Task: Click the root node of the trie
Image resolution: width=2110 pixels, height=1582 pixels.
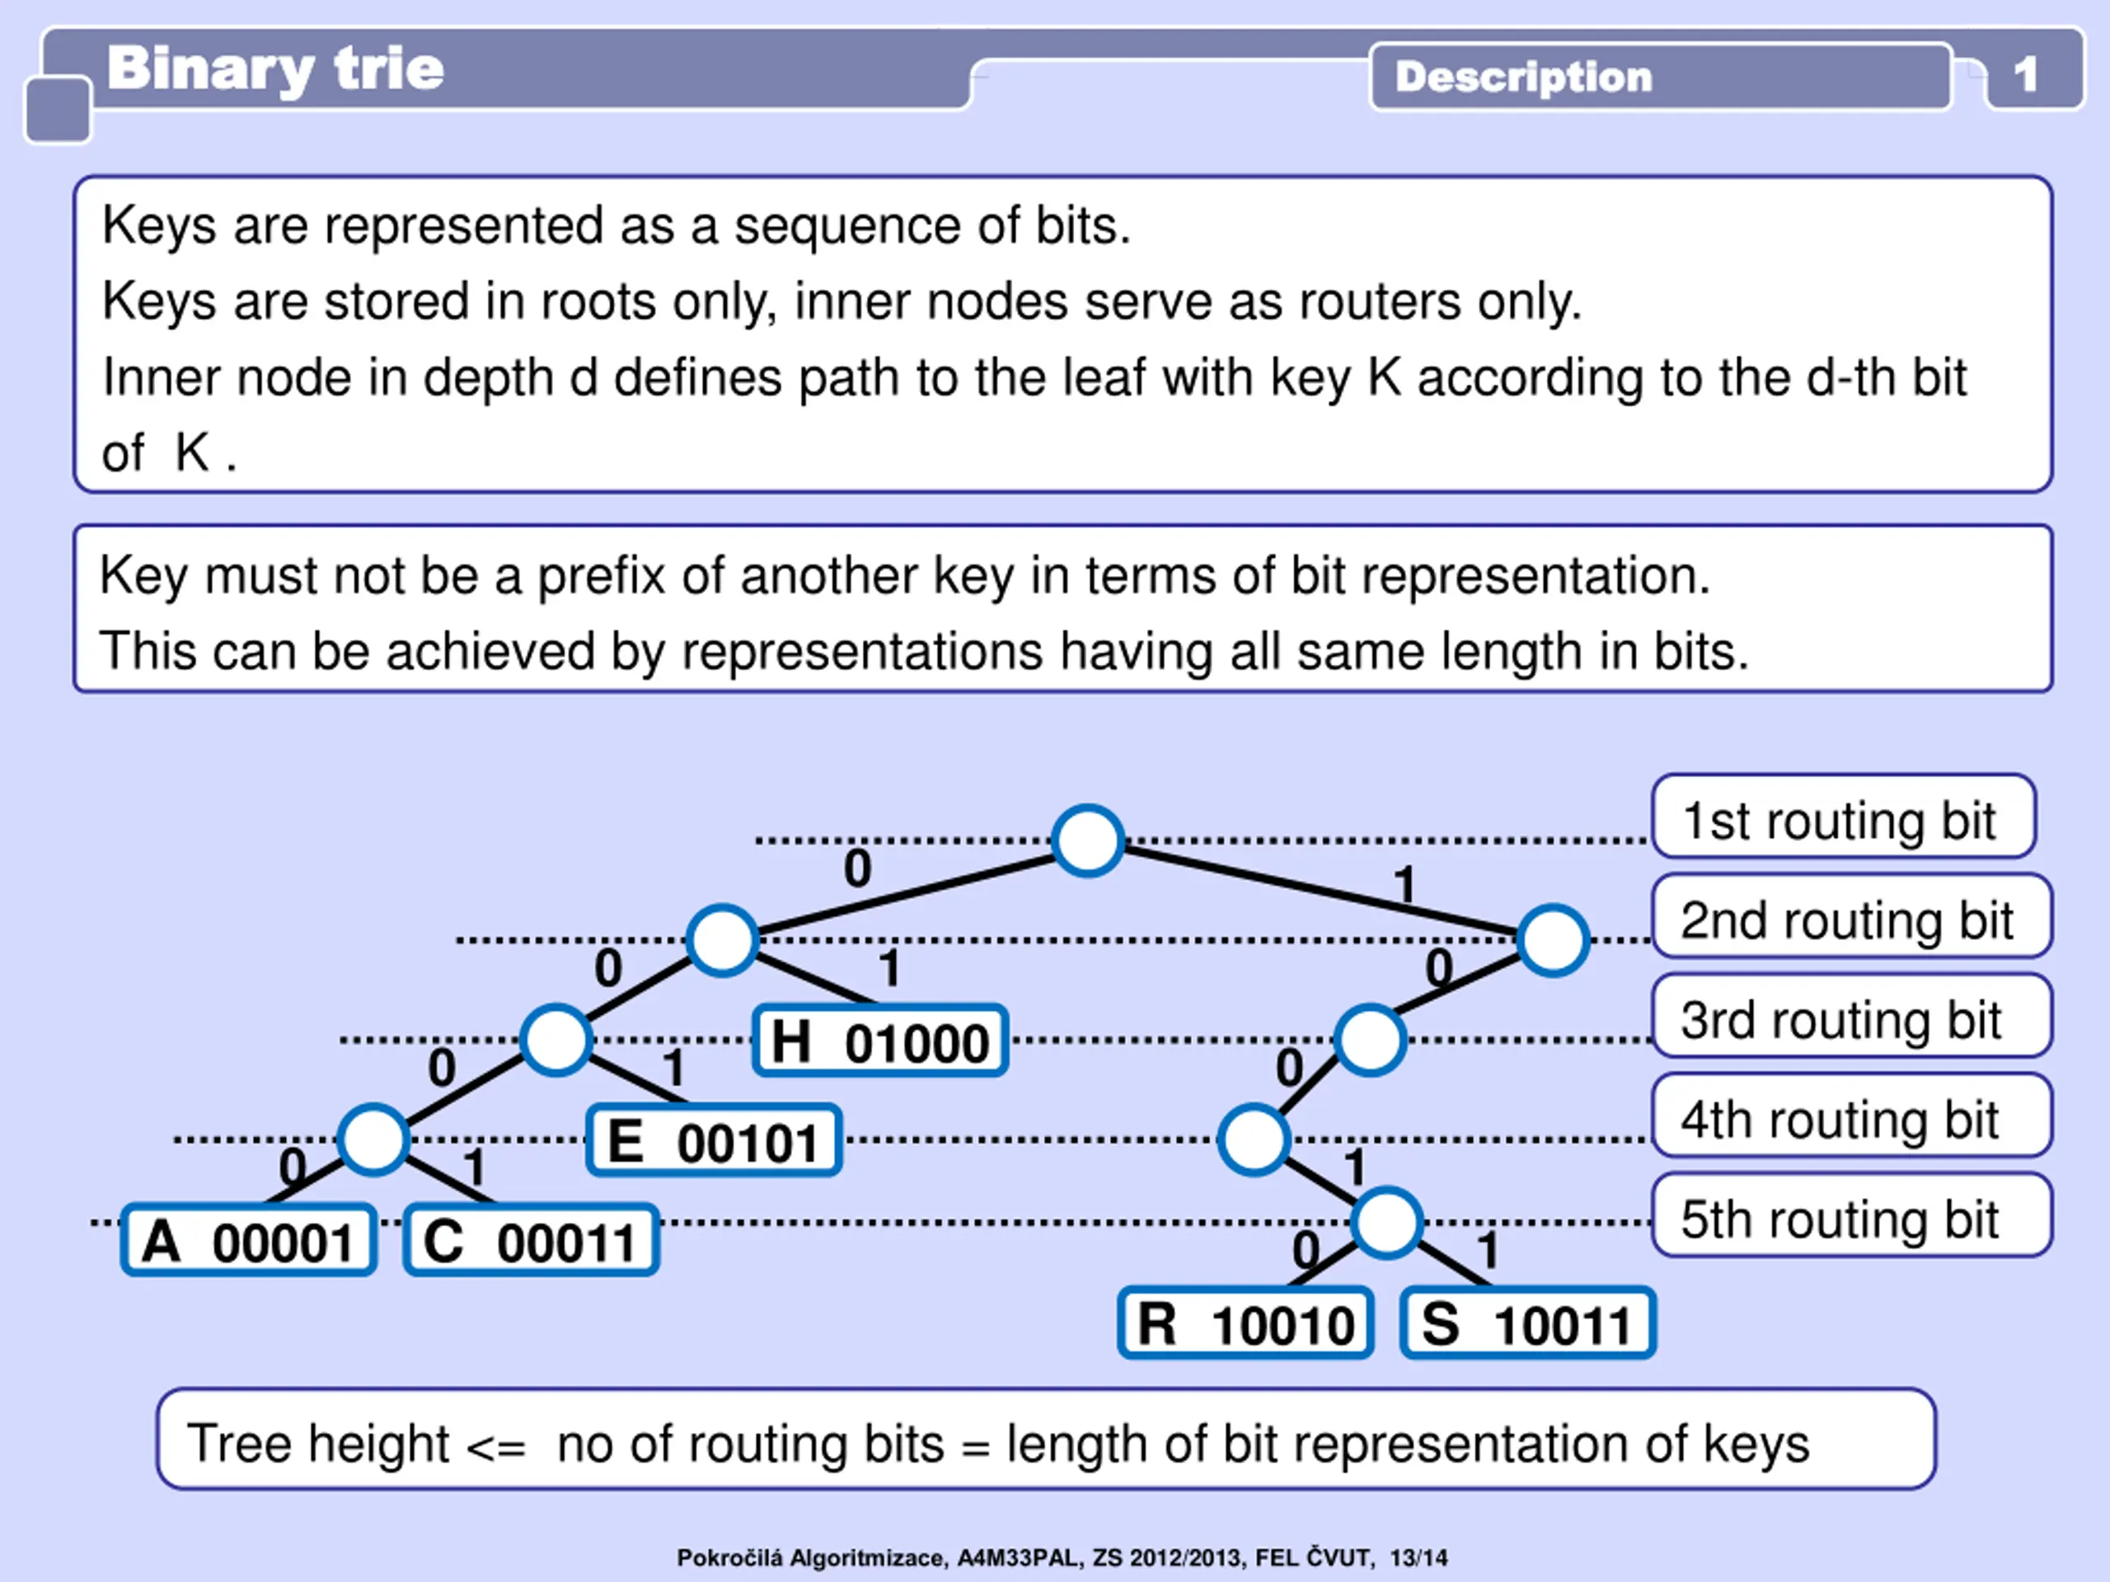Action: coord(1086,840)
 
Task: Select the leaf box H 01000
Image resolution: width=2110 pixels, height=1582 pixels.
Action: coord(879,1041)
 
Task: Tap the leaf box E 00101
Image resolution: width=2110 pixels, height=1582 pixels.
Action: coord(714,1140)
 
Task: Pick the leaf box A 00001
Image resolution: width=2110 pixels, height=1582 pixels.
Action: coord(249,1241)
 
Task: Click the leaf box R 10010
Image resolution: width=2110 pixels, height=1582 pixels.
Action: coord(1245,1323)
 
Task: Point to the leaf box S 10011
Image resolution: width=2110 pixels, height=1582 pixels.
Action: coord(1527,1323)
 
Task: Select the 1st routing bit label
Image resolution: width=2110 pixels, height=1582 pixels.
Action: coord(1843,818)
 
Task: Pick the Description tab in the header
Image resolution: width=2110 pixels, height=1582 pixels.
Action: coord(1523,77)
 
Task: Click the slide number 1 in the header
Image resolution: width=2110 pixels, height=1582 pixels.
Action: coord(2026,73)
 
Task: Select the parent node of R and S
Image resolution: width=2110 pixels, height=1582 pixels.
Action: coord(1387,1223)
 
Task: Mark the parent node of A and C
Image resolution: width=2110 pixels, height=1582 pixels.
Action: coord(374,1140)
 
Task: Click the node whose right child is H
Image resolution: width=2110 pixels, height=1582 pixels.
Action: coord(723,940)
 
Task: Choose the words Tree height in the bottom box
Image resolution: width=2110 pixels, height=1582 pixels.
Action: coord(317,1443)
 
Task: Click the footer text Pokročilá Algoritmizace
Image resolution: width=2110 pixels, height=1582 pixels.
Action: coord(811,1557)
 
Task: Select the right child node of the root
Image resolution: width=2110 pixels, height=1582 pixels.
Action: coord(1553,940)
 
